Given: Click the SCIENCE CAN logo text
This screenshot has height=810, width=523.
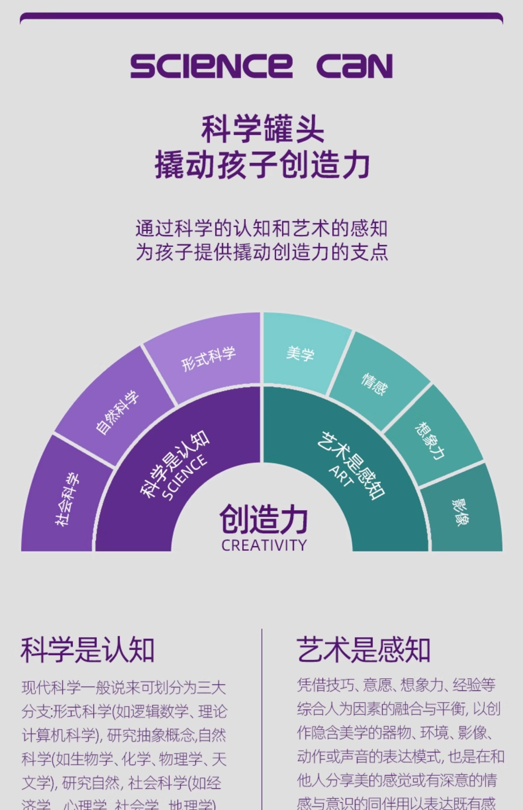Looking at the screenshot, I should pos(261,66).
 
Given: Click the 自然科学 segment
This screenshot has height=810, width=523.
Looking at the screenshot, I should pos(117,412).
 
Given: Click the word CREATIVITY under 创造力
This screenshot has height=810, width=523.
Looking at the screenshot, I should pos(264,545).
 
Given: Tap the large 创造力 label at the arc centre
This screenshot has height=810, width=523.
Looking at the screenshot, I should pos(264,519).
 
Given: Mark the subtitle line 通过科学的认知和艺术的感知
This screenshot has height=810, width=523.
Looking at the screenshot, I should pos(261,228).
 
